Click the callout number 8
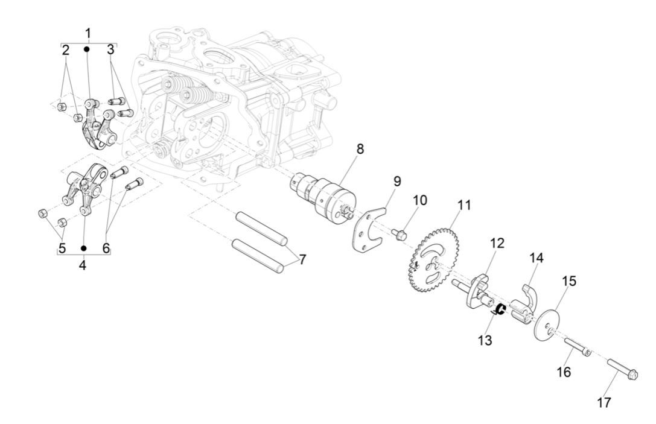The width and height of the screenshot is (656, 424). click(x=360, y=149)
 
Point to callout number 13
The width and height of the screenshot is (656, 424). click(x=485, y=340)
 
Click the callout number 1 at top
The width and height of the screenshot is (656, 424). click(x=88, y=32)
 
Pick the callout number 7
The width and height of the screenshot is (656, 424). click(x=302, y=259)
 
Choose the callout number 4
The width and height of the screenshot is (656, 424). click(x=83, y=264)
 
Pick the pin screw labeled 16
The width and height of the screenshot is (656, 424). click(x=577, y=348)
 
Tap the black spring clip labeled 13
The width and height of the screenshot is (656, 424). click(x=499, y=310)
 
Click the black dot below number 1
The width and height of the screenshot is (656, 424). click(x=88, y=48)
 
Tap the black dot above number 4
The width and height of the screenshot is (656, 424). click(x=83, y=248)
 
